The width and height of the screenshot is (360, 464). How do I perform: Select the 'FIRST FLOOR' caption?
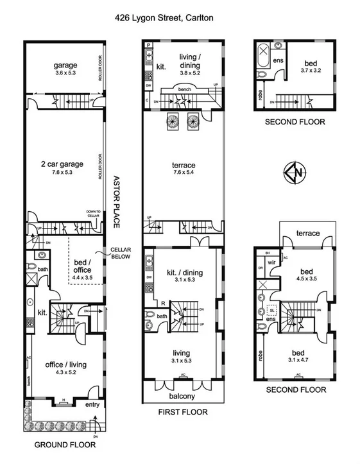point(183,412)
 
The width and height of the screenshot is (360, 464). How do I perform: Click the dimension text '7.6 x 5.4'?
point(183,173)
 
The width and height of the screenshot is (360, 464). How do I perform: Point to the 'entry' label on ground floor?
point(85,404)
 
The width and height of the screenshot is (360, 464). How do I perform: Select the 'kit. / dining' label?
point(183,273)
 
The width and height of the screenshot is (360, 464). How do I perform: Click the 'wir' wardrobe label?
point(270,262)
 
